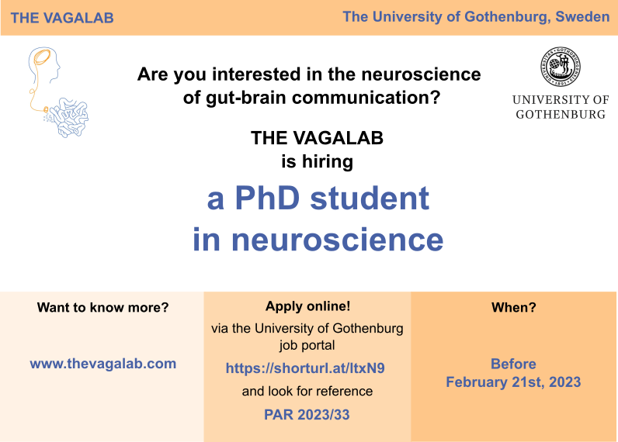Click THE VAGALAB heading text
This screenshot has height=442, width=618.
[62, 18]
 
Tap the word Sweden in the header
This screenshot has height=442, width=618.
[582, 16]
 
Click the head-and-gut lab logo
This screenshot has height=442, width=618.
[56, 91]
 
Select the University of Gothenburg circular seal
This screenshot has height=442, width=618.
[561, 67]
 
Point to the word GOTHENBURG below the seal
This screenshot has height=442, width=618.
[561, 113]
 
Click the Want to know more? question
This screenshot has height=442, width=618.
[102, 307]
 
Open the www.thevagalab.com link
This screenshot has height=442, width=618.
[102, 363]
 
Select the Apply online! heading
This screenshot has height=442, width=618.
[307, 306]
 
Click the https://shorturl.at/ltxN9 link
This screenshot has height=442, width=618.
[305, 368]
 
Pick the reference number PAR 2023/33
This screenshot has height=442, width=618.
[307, 415]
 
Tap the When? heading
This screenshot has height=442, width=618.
[513, 307]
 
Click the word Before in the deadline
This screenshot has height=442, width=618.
[513, 364]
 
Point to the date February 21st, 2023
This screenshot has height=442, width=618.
[513, 382]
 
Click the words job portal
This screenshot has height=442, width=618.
[307, 345]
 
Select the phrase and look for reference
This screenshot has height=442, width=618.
[307, 392]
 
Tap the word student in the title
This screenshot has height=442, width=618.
[370, 199]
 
